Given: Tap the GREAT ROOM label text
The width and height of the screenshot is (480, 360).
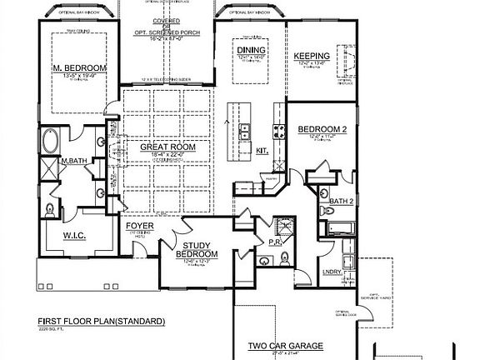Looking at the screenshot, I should (167, 147).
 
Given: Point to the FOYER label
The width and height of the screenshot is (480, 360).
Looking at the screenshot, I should (139, 226).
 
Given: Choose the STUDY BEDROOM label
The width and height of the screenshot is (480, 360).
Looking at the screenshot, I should (201, 249).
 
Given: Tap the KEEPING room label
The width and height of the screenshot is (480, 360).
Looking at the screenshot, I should (312, 57).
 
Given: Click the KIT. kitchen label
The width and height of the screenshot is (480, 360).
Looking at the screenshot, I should (261, 151).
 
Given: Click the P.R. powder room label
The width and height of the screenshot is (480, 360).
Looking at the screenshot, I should (284, 242).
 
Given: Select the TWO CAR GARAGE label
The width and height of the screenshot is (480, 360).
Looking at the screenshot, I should (285, 345).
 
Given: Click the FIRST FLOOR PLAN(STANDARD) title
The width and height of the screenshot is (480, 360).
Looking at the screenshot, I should (101, 321).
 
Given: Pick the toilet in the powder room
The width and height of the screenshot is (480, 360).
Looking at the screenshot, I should (265, 260).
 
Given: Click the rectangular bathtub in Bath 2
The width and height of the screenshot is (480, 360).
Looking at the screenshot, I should (339, 227).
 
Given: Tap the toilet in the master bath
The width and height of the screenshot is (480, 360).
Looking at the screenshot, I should (50, 208).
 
